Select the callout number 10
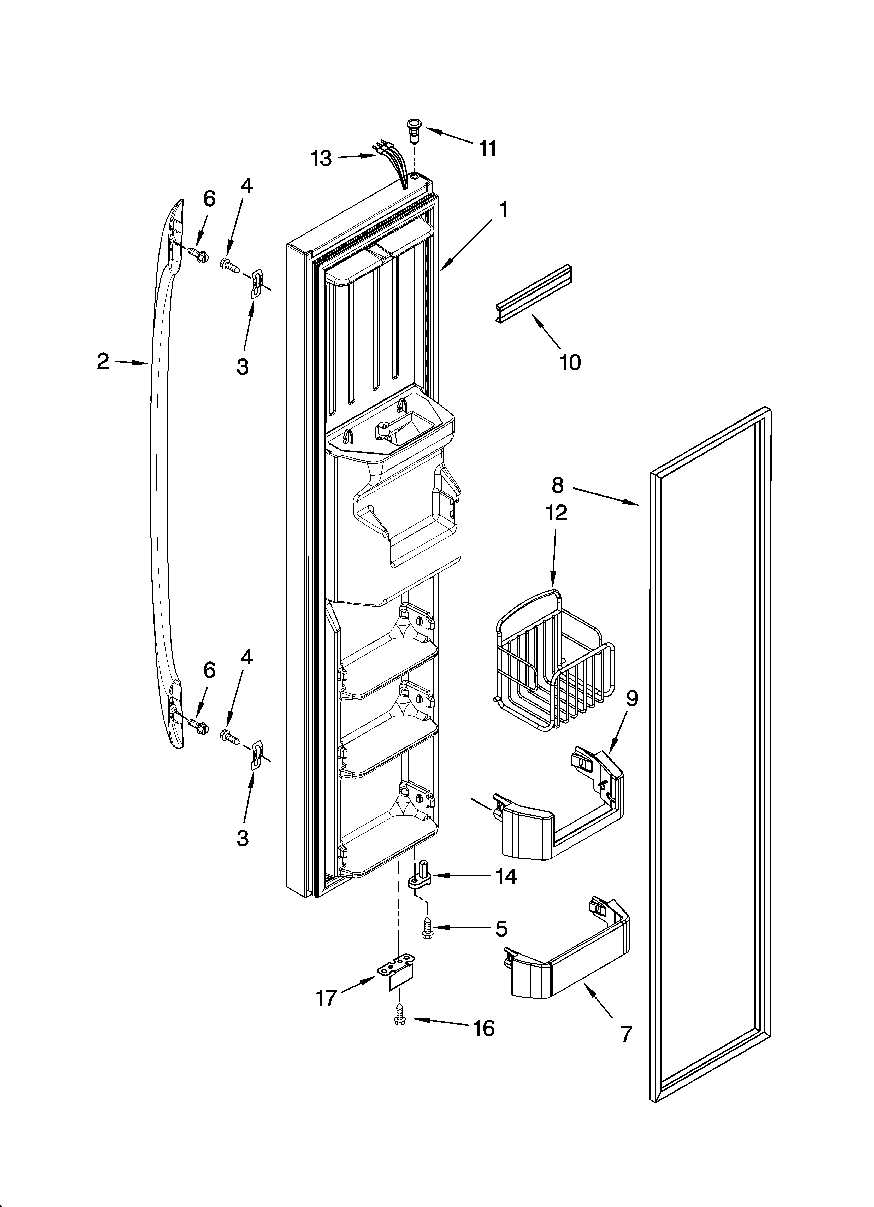pyautogui.click(x=570, y=362)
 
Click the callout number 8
pyautogui.click(x=557, y=485)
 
